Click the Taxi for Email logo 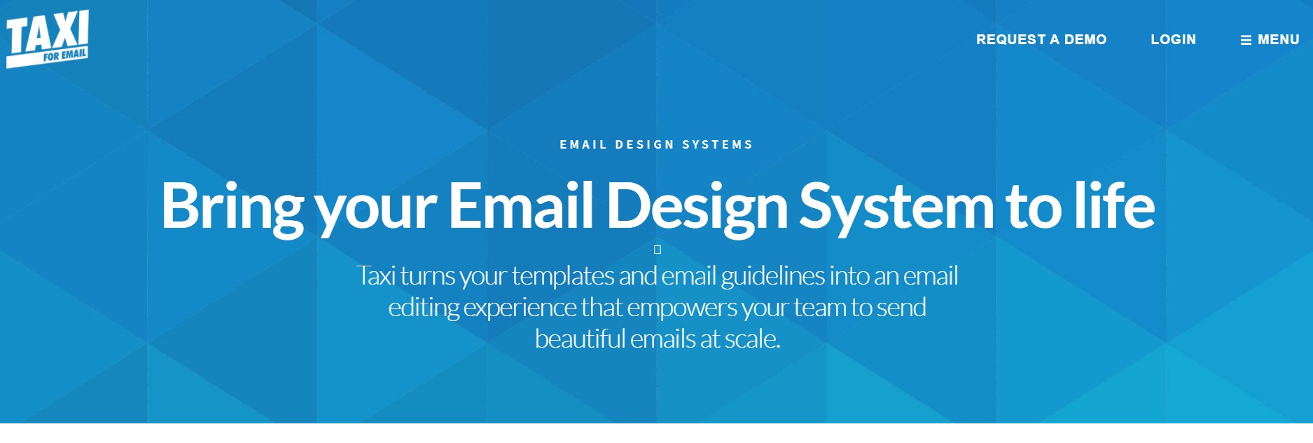(x=48, y=39)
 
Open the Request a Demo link (x=1041, y=40)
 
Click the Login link (x=1174, y=40)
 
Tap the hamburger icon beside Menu (x=1246, y=41)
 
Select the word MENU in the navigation (x=1279, y=40)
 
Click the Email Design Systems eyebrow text (x=656, y=144)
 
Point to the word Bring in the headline (x=232, y=206)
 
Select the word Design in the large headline (x=697, y=206)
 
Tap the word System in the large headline (x=896, y=206)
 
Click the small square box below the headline (x=658, y=250)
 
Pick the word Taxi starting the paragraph (x=376, y=275)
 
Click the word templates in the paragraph (x=563, y=276)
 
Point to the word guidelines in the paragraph (x=773, y=276)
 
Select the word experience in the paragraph (x=520, y=308)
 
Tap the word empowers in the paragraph (x=682, y=308)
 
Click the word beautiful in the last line (x=581, y=339)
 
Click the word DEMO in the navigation (x=1085, y=40)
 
